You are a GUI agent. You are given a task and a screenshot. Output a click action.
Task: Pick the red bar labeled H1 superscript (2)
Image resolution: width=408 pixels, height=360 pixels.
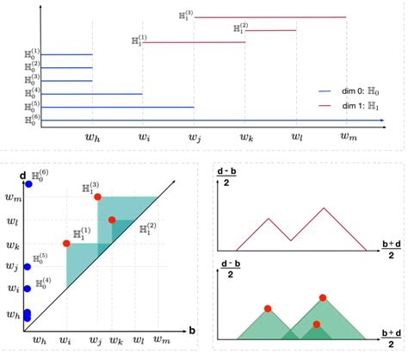(x=272, y=30)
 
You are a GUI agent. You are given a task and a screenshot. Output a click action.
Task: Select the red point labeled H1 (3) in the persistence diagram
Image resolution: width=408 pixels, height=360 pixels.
(x=98, y=197)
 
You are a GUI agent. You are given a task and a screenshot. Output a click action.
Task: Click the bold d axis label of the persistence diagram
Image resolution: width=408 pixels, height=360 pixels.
(x=21, y=176)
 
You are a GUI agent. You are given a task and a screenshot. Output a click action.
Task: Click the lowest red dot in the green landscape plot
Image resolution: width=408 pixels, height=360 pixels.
(x=317, y=324)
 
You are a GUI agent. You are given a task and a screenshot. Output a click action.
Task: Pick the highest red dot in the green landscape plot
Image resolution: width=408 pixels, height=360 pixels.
(x=323, y=298)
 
